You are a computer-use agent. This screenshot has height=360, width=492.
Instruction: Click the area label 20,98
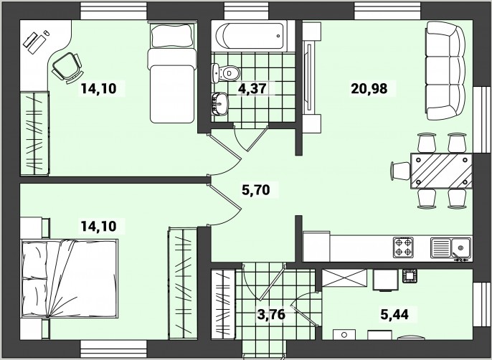click(x=369, y=88)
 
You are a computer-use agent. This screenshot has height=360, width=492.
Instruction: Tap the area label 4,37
click(x=252, y=88)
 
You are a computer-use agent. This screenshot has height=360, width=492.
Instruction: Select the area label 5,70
click(x=256, y=189)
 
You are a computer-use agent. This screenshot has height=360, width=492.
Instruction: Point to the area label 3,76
click(x=271, y=314)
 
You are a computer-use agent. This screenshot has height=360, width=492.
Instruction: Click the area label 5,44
click(x=394, y=314)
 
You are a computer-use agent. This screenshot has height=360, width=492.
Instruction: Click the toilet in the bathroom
click(x=225, y=73)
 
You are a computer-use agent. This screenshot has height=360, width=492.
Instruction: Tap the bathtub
click(x=250, y=35)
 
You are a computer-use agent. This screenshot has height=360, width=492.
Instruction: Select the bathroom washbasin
click(x=219, y=104)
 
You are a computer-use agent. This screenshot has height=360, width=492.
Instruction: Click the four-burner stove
click(x=403, y=247)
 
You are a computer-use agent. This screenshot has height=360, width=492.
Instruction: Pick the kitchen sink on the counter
click(x=450, y=248)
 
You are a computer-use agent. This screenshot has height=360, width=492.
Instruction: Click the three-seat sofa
click(x=445, y=70)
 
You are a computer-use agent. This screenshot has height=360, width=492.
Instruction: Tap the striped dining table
click(x=441, y=171)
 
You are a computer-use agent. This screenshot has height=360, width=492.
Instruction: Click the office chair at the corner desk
click(x=67, y=67)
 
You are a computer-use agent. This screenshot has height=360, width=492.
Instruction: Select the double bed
click(x=70, y=278)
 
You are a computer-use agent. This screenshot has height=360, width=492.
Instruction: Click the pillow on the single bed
click(x=171, y=35)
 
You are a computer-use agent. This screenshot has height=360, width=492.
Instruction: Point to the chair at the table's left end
click(x=401, y=171)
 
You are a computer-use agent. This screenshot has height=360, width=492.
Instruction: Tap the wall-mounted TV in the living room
click(x=309, y=77)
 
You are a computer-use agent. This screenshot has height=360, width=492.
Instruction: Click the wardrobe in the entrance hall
click(x=223, y=304)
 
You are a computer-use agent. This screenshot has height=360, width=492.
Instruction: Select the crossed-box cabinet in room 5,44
click(x=344, y=278)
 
